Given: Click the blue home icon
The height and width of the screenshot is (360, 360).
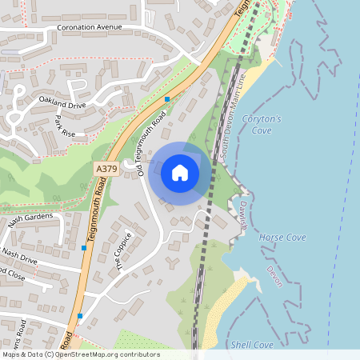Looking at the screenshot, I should tap(180, 172).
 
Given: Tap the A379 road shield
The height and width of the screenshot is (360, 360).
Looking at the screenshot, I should tap(106, 170).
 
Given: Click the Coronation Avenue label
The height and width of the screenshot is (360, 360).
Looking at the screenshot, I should tap(89, 27).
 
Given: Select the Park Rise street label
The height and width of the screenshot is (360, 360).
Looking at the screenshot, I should tap(64, 126).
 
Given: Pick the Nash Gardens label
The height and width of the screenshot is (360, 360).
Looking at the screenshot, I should tap(30, 221).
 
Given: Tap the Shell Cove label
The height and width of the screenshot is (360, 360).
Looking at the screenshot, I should tap(251, 344).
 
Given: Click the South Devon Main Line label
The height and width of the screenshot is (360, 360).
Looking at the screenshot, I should tap(230, 116).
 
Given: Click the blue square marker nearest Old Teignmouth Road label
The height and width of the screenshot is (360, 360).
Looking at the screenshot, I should tap(167, 98).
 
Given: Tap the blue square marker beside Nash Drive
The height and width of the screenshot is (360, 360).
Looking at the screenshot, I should tap(83, 248).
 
